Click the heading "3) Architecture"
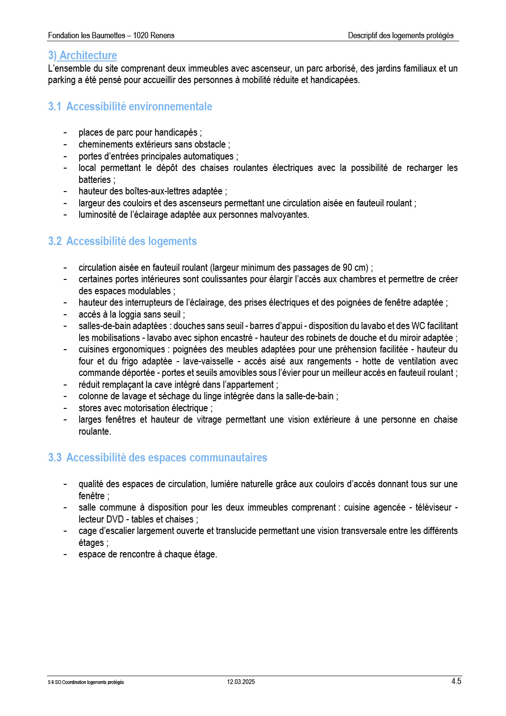tap(83, 55)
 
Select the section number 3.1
tap(54, 107)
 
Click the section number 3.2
tap(54, 241)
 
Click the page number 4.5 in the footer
tap(456, 681)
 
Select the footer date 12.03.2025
tap(241, 682)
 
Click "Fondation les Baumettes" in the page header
tap(86, 35)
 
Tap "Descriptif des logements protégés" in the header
tap(401, 35)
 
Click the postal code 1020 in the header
tap(141, 35)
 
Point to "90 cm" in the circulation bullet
tap(355, 267)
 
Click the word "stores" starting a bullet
tap(90, 408)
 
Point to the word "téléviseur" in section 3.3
tap(433, 507)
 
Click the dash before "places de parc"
tap(65, 132)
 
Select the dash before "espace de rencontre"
tap(65, 554)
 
